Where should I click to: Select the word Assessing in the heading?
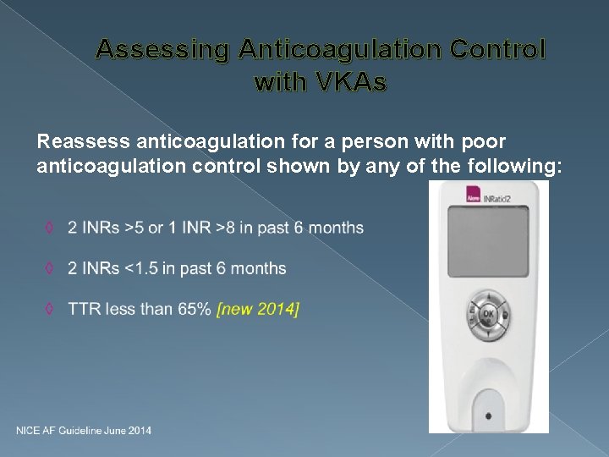pos(162,50)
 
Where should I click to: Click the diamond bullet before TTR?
pos(51,310)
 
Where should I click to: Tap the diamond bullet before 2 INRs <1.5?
pos(51,269)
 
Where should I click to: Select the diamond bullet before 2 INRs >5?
pos(51,228)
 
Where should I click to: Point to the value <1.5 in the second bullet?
pos(142,269)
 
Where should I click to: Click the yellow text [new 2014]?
pos(258,310)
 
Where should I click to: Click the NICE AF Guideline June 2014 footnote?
pos(84,431)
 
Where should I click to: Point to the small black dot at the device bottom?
pos(488,416)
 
